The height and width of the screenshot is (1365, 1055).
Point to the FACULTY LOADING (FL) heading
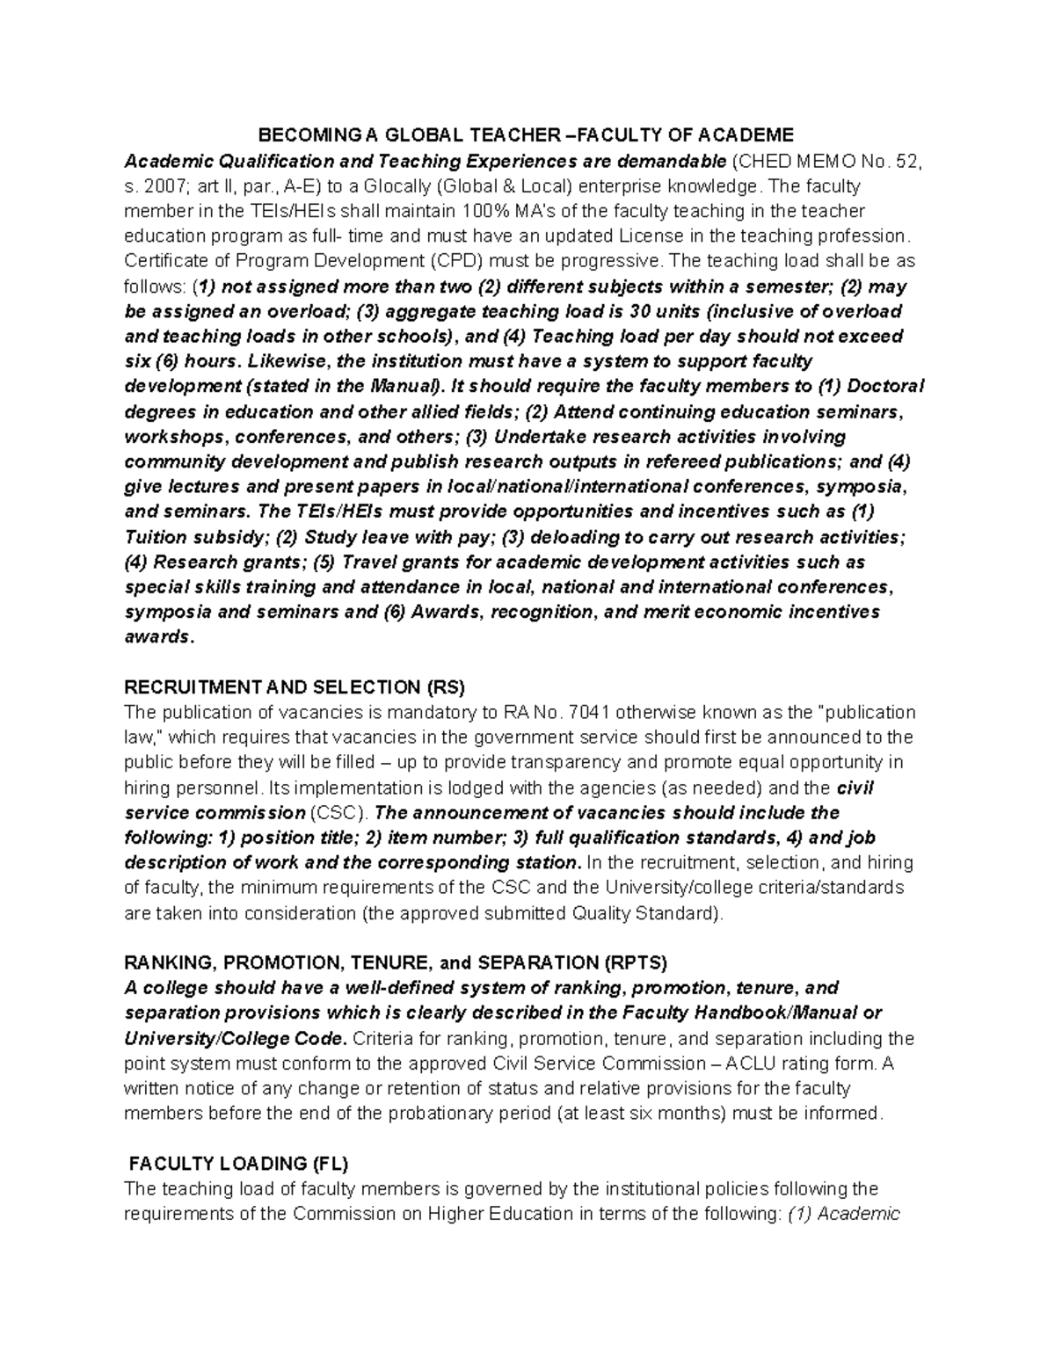pos(238,1164)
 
